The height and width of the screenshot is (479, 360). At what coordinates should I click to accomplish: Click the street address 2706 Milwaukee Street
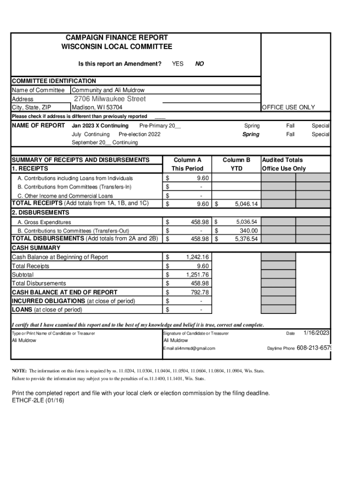click(110, 99)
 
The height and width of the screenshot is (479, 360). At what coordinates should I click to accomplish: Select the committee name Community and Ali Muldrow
click(108, 90)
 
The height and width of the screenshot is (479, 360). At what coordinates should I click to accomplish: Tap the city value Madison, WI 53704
click(97, 108)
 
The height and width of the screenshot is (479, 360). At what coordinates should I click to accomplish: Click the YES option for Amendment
click(178, 64)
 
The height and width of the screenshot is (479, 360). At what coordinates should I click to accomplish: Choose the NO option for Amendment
click(200, 64)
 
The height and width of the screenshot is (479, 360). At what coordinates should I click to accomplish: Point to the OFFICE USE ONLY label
click(288, 108)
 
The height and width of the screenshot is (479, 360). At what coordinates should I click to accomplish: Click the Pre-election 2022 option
click(137, 134)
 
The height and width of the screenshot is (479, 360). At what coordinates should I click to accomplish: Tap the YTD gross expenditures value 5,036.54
click(247, 222)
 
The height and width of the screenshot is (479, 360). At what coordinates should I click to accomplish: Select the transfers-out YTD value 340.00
click(248, 231)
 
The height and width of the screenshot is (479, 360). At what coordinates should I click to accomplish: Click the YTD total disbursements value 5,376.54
click(246, 239)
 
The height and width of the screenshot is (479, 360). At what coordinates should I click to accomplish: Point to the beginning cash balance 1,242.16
click(197, 257)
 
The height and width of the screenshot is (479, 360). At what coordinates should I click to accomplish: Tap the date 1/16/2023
click(317, 333)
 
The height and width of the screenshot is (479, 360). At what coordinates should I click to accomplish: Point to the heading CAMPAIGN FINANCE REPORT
click(116, 37)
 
